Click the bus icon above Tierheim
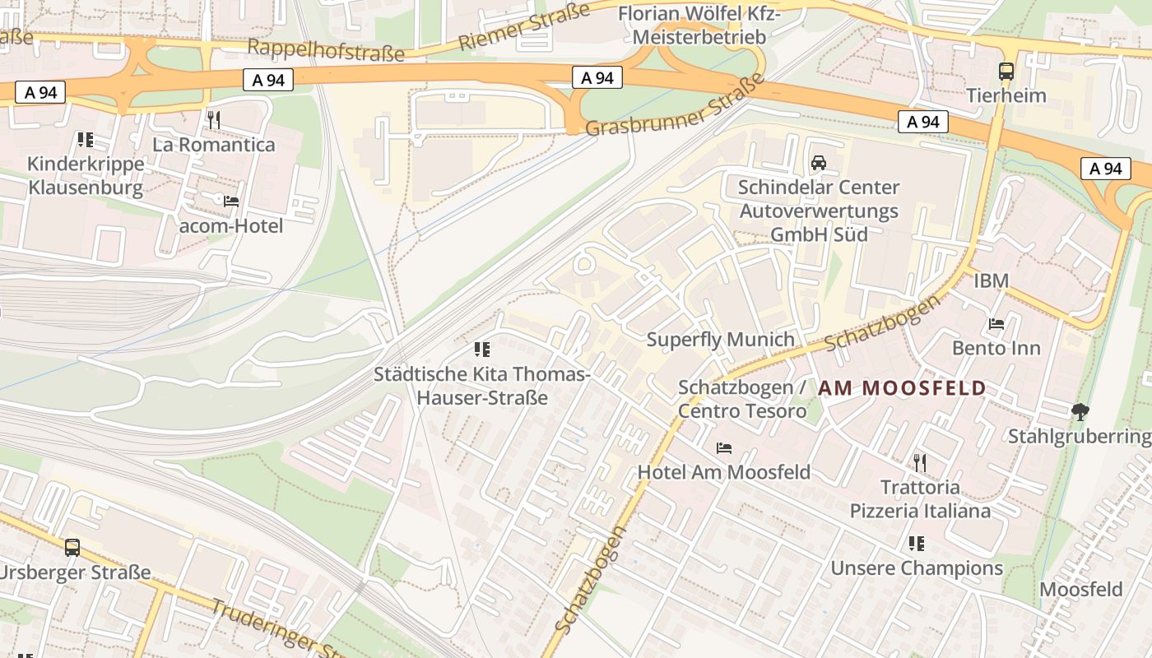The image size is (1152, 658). [1006, 72]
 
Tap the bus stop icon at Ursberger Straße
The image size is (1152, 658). [72, 547]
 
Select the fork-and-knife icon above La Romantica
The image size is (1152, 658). [214, 120]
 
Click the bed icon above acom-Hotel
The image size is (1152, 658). [231, 201]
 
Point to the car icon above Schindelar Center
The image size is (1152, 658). [818, 163]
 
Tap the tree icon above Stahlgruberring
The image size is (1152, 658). [1079, 411]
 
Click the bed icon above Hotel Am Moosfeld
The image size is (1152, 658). [724, 447]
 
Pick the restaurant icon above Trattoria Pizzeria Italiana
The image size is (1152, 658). [920, 463]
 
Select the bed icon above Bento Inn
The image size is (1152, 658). [996, 323]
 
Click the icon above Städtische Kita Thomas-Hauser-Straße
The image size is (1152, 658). [482, 350]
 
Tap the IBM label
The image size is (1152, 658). [991, 280]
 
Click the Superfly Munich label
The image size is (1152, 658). [720, 339]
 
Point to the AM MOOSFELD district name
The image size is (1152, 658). [902, 388]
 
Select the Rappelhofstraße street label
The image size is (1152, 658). [326, 49]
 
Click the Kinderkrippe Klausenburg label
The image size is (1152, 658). [86, 175]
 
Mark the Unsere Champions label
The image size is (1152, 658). [917, 568]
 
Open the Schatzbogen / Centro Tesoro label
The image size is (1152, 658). [741, 399]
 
